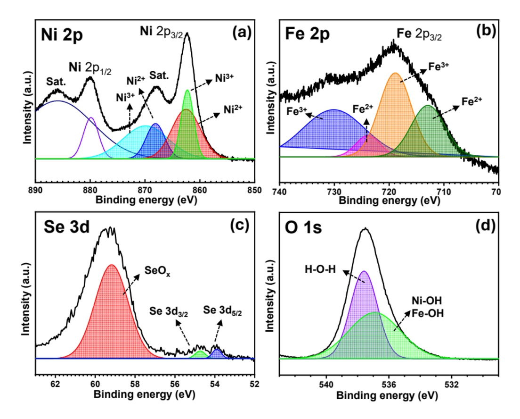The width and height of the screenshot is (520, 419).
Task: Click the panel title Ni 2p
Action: (x=62, y=36)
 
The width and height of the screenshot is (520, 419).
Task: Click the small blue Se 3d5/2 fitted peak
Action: (x=217, y=354)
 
